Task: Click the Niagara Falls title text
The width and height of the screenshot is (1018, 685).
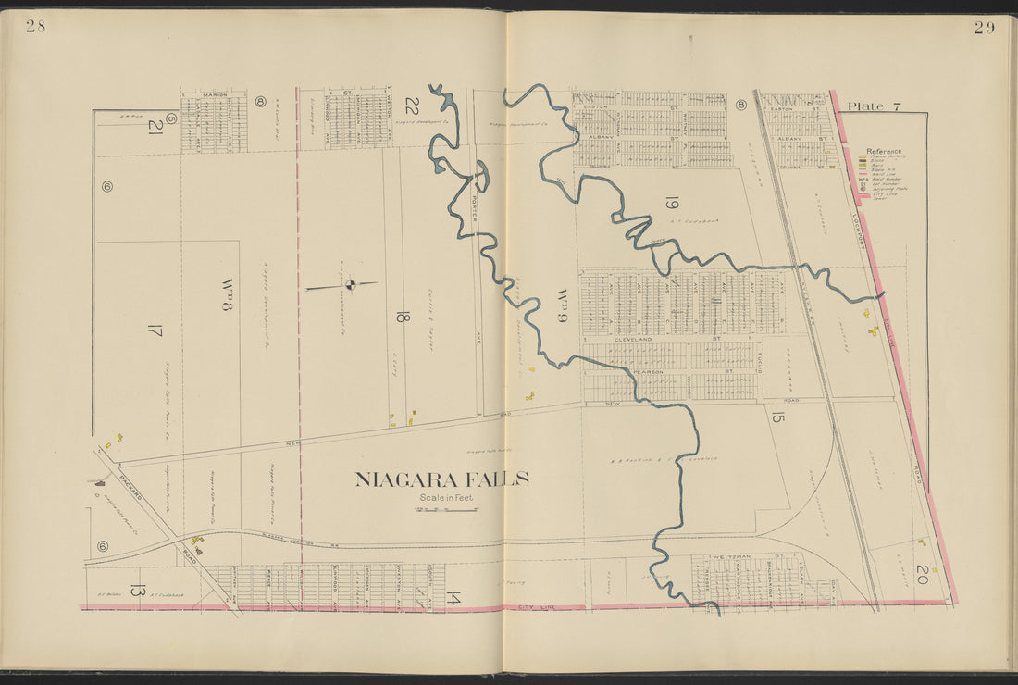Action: (442, 479)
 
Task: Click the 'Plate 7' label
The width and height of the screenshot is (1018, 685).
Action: (875, 107)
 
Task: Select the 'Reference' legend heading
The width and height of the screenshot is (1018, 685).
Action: (884, 151)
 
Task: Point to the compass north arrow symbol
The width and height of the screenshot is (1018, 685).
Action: (350, 285)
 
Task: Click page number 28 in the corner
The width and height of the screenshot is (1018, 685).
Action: (35, 26)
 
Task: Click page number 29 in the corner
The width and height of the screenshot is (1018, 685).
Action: (984, 27)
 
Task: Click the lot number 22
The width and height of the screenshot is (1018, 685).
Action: (412, 106)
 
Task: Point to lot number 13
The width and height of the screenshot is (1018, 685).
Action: (137, 591)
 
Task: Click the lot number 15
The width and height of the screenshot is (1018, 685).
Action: (777, 417)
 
